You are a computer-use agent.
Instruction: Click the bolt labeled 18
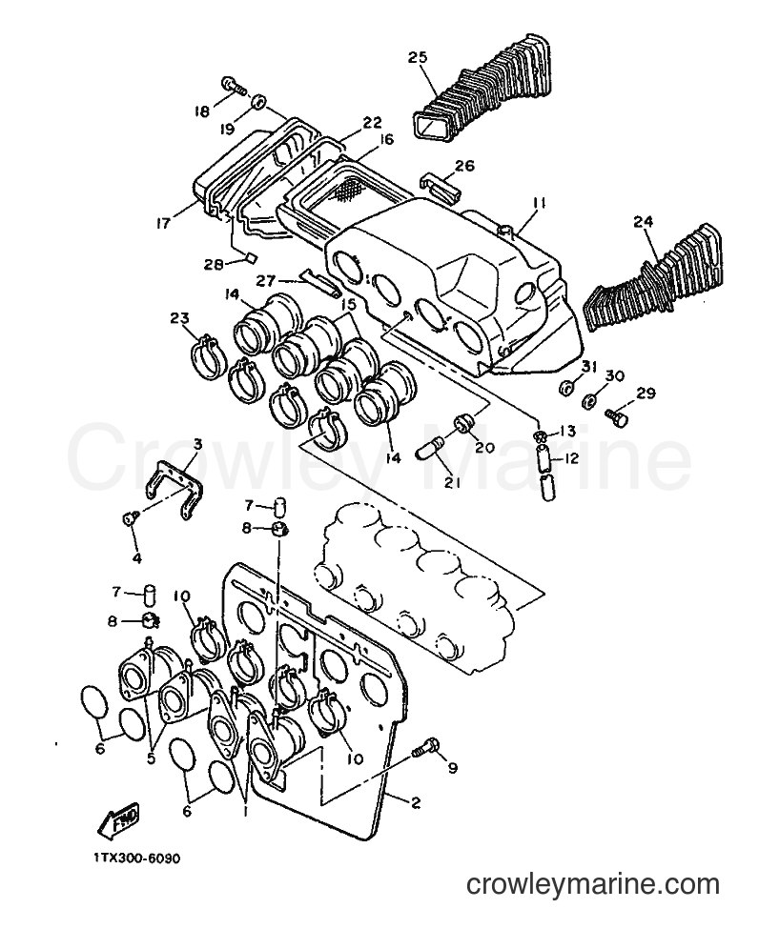(x=235, y=87)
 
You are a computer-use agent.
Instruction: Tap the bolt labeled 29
(x=617, y=417)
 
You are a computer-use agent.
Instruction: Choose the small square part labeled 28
(x=251, y=257)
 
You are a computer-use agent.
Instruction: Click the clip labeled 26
(x=440, y=189)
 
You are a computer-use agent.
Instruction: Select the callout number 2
(x=415, y=803)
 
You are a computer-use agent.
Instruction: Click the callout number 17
(x=163, y=223)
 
